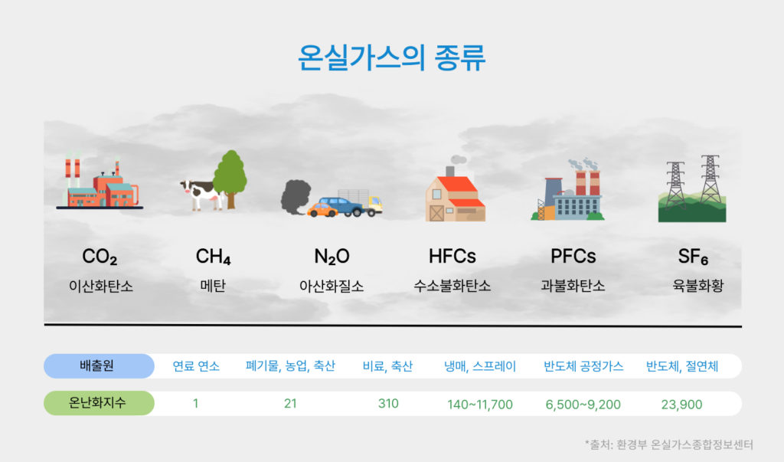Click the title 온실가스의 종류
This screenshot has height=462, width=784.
[391, 58]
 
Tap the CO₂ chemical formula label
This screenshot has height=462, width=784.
[100, 256]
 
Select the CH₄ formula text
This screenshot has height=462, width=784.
[214, 256]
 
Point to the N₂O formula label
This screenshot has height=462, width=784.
[332, 256]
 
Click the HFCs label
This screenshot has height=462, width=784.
[452, 255]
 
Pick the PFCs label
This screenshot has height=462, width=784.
[573, 255]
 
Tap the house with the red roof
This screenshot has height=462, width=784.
[455, 196]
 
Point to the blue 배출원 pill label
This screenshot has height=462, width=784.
[99, 366]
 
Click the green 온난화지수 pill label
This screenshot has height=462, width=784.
[99, 403]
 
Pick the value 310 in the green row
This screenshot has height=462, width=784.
[388, 403]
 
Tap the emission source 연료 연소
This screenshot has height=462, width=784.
[196, 366]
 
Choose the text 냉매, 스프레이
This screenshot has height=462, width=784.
[480, 366]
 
